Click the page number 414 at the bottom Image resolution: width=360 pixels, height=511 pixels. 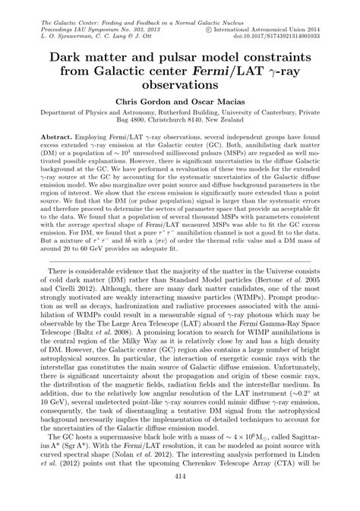pyautogui.click(x=180, y=497)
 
